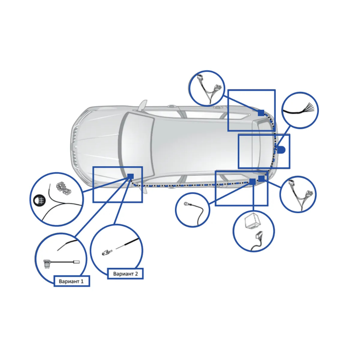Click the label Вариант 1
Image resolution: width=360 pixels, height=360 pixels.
click(71, 282)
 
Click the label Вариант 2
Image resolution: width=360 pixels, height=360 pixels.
click(125, 274)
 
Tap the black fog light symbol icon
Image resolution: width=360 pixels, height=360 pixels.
click(39, 200)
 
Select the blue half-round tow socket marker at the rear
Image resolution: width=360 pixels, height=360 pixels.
click(281, 150)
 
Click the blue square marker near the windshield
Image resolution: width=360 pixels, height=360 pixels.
click(130, 176)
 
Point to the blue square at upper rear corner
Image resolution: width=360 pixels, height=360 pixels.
click(261, 113)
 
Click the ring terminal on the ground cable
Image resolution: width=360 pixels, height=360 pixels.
click(186, 204)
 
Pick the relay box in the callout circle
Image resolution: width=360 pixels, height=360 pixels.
click(252, 220)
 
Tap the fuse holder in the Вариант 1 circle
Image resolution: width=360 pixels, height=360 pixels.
click(47, 264)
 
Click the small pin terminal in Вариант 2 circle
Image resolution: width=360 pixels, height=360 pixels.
click(107, 252)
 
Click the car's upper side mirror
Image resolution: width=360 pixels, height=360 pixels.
click(143, 105)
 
